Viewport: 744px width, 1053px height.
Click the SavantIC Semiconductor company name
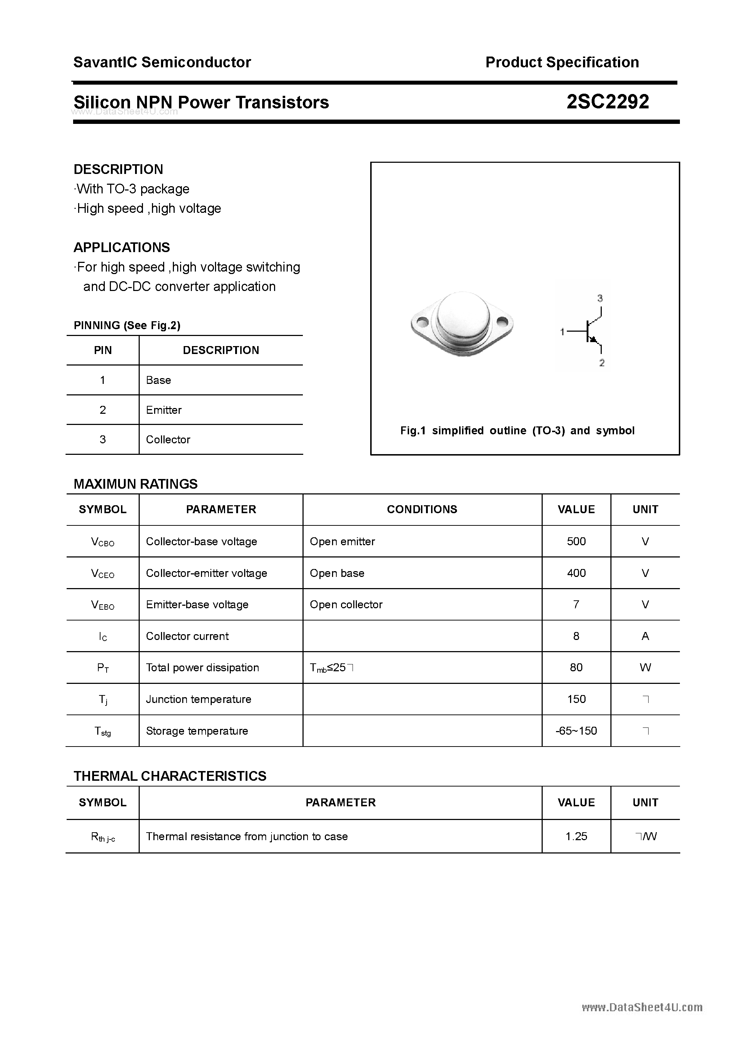[x=162, y=62]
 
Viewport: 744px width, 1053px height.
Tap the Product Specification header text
[x=562, y=62]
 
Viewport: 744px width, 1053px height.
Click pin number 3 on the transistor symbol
[x=600, y=298]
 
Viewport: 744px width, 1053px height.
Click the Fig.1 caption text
[x=517, y=430]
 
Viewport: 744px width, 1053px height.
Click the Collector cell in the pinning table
[x=168, y=439]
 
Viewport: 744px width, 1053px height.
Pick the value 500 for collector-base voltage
[x=576, y=541]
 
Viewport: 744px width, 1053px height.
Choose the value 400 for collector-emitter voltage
[x=576, y=573]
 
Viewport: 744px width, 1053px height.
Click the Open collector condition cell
[x=346, y=604]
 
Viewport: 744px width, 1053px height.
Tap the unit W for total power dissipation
[x=645, y=667]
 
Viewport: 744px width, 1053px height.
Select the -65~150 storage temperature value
[x=576, y=731]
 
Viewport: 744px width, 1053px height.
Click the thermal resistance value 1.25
[x=576, y=836]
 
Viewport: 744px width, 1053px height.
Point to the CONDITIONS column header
[x=422, y=509]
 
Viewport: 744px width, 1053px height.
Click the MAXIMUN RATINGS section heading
[x=136, y=484]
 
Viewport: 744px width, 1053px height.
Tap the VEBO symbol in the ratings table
[x=103, y=605]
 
